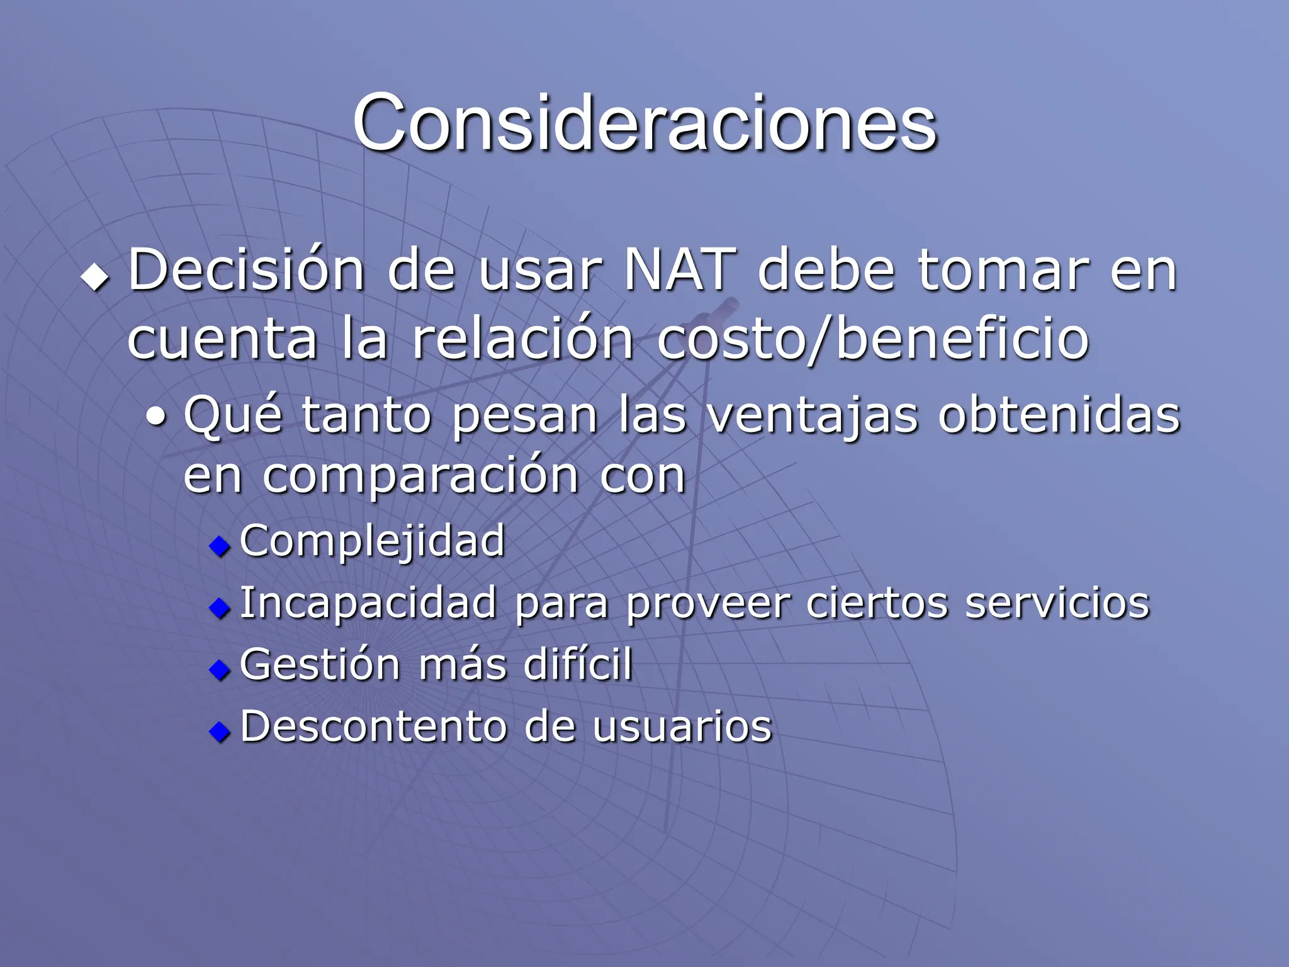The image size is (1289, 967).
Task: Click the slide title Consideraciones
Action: (644, 123)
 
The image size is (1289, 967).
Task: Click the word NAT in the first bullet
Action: (679, 271)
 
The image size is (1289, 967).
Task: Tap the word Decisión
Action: (246, 271)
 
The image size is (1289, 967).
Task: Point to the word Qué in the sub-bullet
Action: (232, 416)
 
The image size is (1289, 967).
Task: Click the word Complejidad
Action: (372, 541)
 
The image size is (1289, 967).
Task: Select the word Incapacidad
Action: (368, 603)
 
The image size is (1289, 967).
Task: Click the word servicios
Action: (1057, 603)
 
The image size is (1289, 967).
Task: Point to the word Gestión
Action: (320, 665)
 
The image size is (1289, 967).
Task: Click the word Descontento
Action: (374, 727)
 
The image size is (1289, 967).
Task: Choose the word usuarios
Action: (682, 727)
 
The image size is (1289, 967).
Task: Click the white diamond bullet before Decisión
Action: (95, 276)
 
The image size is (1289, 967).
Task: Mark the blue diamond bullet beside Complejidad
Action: (220, 546)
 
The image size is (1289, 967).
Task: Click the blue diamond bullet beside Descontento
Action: (220, 731)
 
